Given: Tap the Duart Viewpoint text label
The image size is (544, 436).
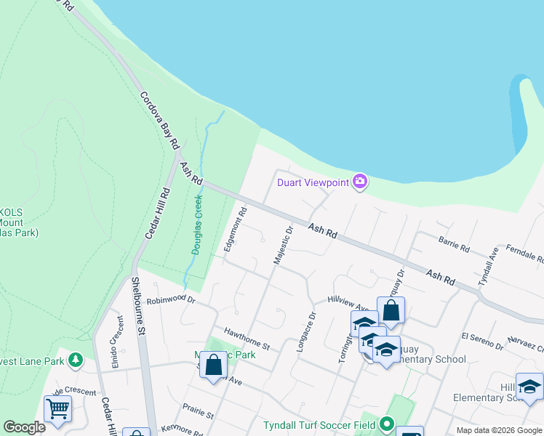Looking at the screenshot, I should [313, 182].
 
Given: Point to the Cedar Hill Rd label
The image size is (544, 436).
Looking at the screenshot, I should [157, 212].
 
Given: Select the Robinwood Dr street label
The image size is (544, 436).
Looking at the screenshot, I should [172, 299].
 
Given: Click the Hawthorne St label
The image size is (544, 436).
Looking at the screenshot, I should [247, 336].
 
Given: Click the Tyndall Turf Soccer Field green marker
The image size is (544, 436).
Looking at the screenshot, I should [386, 424].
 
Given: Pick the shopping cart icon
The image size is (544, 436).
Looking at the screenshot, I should [57, 407].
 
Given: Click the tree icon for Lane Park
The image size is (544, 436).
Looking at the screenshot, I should [75, 360].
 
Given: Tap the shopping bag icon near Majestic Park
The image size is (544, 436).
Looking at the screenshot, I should [214, 365].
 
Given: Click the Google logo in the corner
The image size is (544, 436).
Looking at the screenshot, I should [25, 427].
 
